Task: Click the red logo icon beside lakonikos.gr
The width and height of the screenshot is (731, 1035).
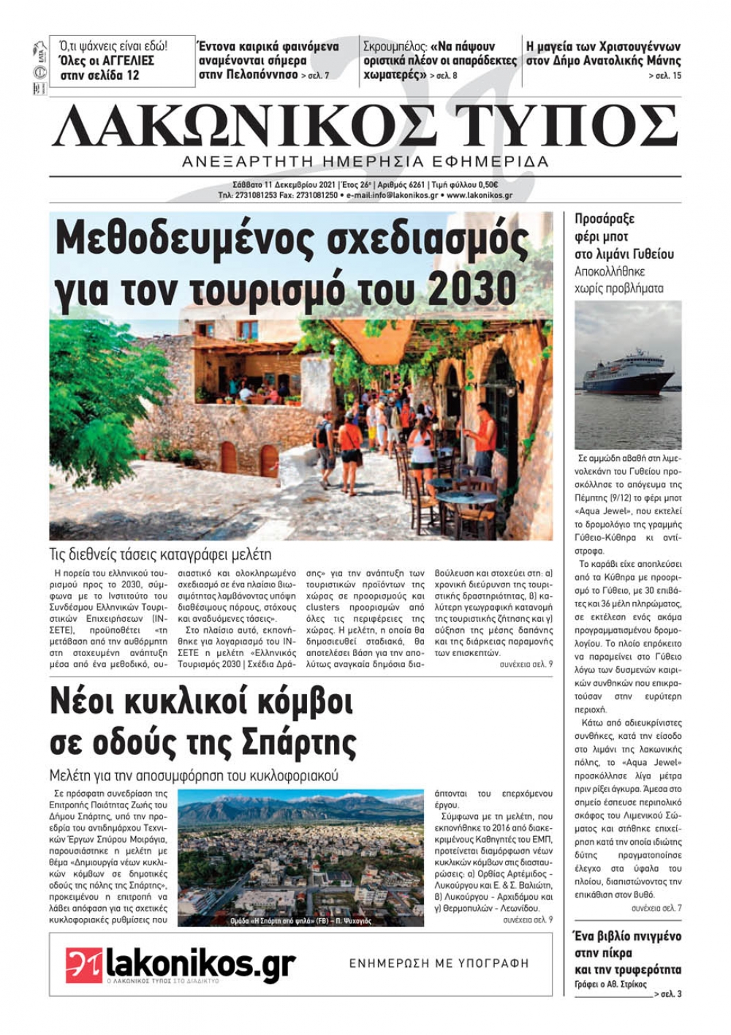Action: point(83,965)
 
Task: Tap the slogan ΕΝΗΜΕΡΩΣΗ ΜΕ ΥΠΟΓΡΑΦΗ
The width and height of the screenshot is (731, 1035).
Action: point(439,963)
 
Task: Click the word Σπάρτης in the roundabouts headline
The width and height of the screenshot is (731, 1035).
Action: point(300,742)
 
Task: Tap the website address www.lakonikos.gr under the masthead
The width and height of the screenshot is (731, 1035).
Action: point(479,196)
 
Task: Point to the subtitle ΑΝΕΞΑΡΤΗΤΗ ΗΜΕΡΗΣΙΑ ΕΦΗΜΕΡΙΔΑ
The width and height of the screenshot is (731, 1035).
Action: point(365,162)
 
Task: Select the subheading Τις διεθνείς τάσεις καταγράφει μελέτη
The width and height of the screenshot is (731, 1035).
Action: point(160,554)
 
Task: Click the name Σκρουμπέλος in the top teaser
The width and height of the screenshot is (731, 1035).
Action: point(393,46)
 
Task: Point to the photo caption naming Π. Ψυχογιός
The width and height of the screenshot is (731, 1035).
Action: point(300,921)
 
